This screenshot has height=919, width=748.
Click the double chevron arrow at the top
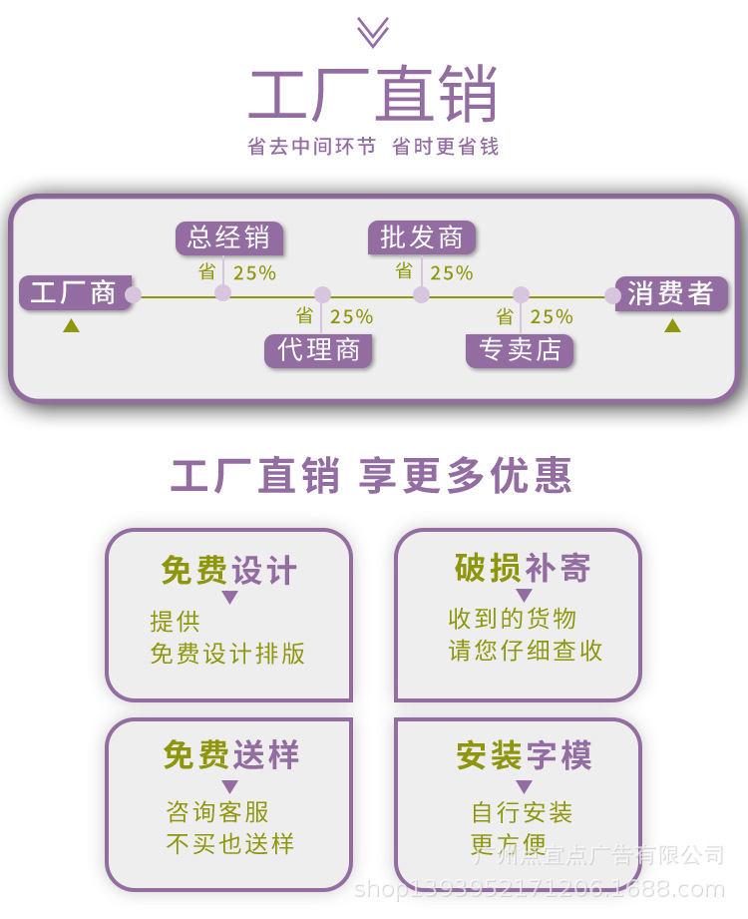(373, 32)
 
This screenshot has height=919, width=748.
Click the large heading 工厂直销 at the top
(373, 96)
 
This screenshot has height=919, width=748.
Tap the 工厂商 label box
(74, 293)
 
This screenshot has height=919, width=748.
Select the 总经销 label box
(228, 237)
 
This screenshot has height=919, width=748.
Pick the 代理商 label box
(319, 350)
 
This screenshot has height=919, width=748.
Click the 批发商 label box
(421, 237)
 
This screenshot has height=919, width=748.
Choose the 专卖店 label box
(520, 350)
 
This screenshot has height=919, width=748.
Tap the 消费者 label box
(670, 293)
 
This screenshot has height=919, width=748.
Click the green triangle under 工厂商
(71, 325)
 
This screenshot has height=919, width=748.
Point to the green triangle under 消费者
(672, 325)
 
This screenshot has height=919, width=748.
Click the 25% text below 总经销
(254, 272)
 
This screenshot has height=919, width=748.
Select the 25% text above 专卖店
(552, 317)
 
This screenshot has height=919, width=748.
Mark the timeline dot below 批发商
(422, 294)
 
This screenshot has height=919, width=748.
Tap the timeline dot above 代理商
(322, 294)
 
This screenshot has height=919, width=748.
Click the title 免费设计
(229, 571)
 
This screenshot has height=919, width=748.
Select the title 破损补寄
(523, 568)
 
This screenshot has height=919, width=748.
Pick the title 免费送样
(230, 755)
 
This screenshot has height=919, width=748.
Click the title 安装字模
(524, 755)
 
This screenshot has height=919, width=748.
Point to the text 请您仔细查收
(526, 651)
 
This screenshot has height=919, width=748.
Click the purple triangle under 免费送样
(229, 786)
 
